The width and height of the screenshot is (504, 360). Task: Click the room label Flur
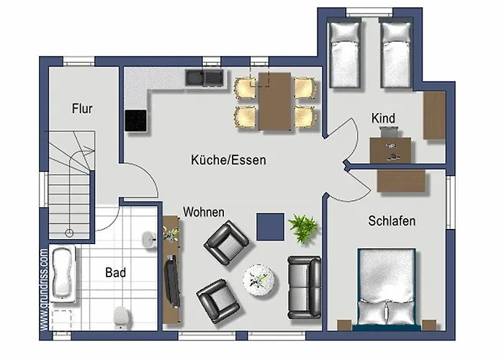tap(82, 109)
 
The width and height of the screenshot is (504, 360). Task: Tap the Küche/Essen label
tap(228, 160)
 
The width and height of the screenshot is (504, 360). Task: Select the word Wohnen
tap(204, 212)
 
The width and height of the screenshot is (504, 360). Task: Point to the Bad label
tap(115, 272)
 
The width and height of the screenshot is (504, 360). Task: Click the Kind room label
tap(383, 118)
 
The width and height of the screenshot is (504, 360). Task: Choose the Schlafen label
tap(391, 221)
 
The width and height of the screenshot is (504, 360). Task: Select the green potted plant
tap(303, 228)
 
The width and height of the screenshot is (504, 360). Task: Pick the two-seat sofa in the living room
tap(305, 287)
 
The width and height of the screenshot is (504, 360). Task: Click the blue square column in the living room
tap(269, 227)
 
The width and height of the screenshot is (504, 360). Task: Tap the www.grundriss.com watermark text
tap(44, 289)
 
